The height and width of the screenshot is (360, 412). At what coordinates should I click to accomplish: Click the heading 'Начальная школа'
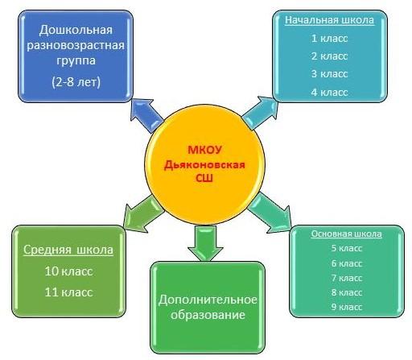(329, 20)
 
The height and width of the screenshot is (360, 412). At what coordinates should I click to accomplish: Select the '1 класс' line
(329, 39)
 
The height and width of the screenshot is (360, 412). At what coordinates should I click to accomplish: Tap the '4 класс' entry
(329, 93)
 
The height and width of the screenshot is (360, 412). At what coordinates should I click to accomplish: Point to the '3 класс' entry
(329, 74)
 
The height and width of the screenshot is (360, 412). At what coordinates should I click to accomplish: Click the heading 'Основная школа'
(346, 234)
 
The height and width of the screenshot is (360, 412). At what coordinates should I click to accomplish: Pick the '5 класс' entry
(347, 248)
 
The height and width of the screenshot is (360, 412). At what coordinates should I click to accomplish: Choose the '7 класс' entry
(347, 278)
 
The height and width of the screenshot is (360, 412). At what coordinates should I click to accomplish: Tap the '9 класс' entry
(347, 307)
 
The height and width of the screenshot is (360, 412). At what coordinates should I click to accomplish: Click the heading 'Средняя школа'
(68, 250)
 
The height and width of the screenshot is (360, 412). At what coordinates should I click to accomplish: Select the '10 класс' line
(68, 271)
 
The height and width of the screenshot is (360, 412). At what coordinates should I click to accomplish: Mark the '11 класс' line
(68, 292)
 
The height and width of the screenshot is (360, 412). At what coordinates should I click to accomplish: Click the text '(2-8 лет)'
(76, 82)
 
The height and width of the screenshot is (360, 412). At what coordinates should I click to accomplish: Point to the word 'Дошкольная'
(76, 30)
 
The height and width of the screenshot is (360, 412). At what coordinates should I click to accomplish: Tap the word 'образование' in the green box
(208, 315)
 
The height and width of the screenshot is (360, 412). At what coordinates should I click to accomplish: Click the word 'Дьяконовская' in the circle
(204, 164)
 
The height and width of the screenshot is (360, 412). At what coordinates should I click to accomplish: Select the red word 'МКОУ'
(204, 150)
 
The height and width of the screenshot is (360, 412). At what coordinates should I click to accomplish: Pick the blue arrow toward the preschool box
(147, 116)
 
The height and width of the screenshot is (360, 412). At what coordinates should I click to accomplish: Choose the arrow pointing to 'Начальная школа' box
(260, 113)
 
